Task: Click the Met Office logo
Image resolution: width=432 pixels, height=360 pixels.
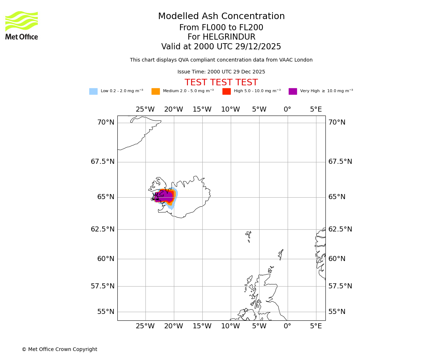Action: point(22,26)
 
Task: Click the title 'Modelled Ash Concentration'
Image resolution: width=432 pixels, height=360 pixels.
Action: point(221,17)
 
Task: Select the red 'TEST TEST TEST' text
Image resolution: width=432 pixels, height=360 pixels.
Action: point(221,83)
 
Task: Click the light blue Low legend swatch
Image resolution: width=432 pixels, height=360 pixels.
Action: point(93,91)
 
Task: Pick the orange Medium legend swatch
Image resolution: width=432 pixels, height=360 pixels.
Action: point(156,91)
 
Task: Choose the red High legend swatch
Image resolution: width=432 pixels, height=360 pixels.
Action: point(226,91)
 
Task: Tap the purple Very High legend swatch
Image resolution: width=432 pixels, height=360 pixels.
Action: point(293,91)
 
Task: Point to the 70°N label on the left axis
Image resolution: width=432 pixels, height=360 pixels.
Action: point(106,122)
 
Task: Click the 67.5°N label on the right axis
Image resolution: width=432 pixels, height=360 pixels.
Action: point(340,162)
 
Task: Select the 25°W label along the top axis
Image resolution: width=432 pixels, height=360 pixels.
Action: point(145,109)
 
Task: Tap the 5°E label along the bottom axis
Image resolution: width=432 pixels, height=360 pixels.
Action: point(316,326)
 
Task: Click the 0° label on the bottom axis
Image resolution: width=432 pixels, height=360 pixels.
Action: point(287,326)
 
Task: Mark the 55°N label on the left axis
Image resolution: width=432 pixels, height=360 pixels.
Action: point(106,312)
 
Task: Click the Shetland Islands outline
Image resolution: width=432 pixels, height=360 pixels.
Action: point(280,254)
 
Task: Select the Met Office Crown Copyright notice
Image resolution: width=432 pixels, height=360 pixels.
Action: point(59,350)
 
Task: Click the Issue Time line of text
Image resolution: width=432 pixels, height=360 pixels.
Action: point(221,72)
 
